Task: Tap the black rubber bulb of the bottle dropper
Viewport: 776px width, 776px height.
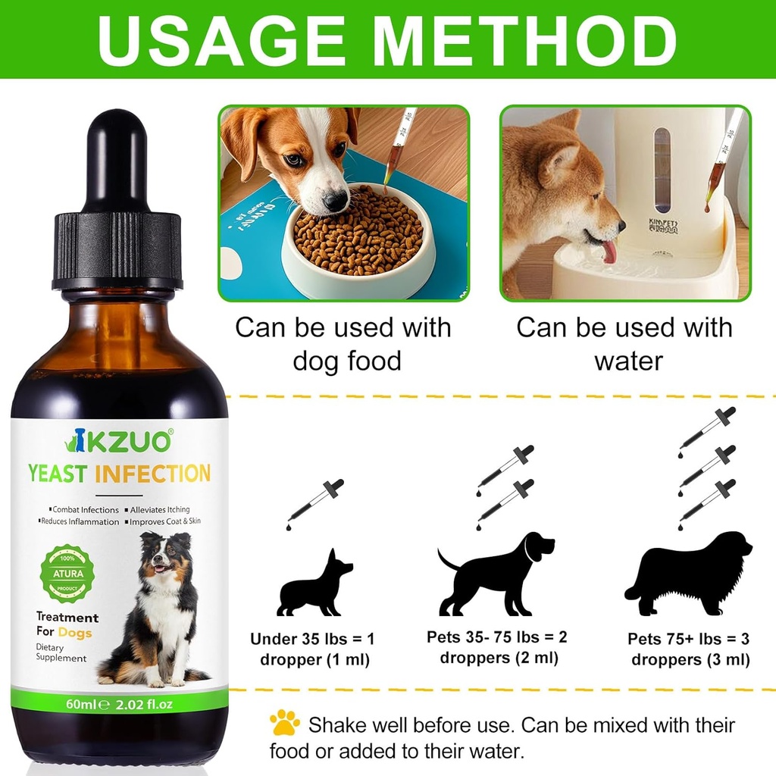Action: (117, 159)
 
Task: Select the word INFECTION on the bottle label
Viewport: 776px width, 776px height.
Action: (152, 474)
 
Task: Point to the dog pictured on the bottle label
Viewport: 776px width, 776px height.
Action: (160, 606)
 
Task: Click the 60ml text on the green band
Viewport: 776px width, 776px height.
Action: (81, 704)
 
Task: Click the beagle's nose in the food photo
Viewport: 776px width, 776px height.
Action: (334, 200)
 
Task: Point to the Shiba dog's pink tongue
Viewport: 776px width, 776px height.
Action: (609, 252)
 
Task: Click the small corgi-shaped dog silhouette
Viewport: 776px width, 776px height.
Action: (314, 584)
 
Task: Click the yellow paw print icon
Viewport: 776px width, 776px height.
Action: (285, 723)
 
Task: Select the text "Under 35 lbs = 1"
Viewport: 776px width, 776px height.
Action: (312, 639)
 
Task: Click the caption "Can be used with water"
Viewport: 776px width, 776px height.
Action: (624, 344)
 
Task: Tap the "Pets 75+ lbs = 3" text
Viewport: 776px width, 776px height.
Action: (690, 639)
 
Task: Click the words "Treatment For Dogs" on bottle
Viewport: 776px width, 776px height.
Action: (67, 625)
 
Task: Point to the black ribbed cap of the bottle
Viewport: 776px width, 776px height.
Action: (117, 250)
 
